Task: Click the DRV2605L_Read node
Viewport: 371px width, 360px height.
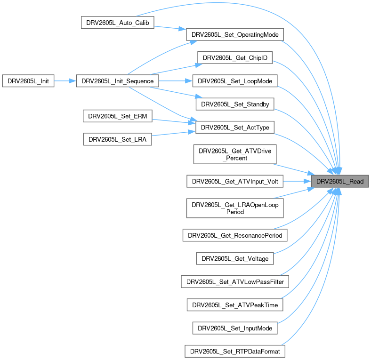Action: (339, 181)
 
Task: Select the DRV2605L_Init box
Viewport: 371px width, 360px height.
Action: (28, 81)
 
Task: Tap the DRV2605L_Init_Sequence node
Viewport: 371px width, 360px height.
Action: (117, 81)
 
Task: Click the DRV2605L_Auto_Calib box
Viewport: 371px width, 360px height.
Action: (118, 23)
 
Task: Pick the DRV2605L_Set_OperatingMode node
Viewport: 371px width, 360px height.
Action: (234, 35)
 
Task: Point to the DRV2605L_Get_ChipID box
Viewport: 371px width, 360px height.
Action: (235, 58)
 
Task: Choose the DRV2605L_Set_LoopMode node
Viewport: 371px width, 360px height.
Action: (235, 81)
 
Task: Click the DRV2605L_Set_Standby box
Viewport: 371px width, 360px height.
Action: (235, 104)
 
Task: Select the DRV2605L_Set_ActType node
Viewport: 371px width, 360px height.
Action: (235, 127)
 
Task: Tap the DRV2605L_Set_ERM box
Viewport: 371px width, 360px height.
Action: (118, 116)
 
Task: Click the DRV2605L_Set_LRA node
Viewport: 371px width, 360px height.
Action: (118, 139)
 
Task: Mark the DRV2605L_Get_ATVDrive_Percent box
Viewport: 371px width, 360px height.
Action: (235, 154)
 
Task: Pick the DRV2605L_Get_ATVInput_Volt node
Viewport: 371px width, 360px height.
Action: (235, 181)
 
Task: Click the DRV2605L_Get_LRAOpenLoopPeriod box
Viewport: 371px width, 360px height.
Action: (235, 208)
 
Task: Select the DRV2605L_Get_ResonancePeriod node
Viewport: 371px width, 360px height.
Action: (235, 234)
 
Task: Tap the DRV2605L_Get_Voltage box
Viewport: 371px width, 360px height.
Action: (235, 258)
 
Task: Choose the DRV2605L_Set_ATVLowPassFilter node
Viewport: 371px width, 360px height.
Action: (235, 281)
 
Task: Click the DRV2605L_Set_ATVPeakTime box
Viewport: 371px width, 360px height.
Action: (235, 304)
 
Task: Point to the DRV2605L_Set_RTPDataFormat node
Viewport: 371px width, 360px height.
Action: (235, 351)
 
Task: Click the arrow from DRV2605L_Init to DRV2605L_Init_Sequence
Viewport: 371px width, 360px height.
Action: (65, 81)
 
